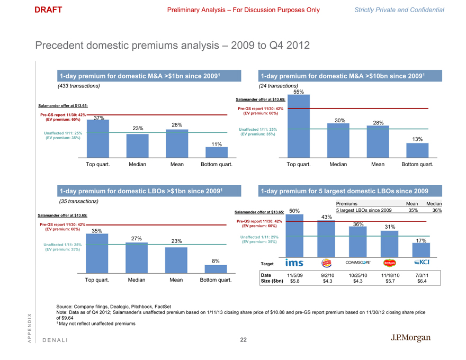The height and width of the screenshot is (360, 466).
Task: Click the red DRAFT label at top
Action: pyautogui.click(x=48, y=10)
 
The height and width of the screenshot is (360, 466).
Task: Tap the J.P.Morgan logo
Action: pyautogui.click(x=410, y=338)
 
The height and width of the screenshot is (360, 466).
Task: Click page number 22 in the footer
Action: pyautogui.click(x=243, y=340)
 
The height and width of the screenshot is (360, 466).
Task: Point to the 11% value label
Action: pyautogui.click(x=216, y=144)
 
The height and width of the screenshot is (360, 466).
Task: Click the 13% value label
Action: pyautogui.click(x=417, y=139)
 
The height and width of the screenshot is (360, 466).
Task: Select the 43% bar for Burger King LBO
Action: pyautogui.click(x=327, y=238)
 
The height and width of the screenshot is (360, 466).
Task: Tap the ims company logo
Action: pyautogui.click(x=294, y=263)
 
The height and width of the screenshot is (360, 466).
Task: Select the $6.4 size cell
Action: pyautogui.click(x=422, y=282)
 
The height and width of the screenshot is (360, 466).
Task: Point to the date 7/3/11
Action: pyautogui.click(x=422, y=275)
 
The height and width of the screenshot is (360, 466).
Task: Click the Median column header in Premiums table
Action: pyautogui.click(x=434, y=204)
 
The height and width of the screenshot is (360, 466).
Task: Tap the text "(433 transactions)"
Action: pyautogui.click(x=78, y=86)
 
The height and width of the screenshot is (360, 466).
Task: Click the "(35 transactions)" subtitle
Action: pyautogui.click(x=79, y=201)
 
